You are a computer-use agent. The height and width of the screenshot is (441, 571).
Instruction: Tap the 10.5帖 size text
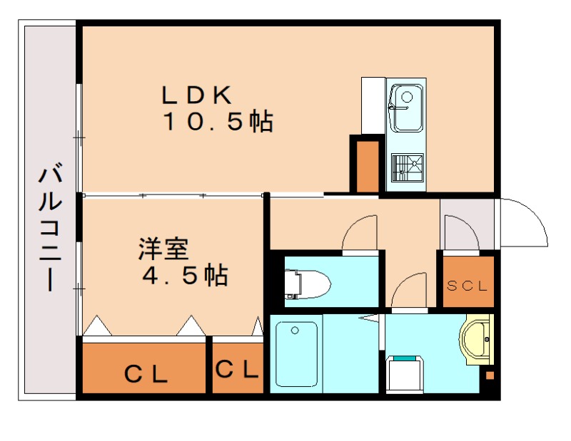[x=218, y=123]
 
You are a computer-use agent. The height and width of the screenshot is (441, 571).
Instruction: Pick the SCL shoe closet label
[x=468, y=286]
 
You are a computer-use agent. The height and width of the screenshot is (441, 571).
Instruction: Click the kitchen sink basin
[x=405, y=107]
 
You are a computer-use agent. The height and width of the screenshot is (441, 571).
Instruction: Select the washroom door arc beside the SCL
[x=410, y=291]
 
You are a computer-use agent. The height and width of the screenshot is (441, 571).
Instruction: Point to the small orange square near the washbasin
[x=490, y=375]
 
